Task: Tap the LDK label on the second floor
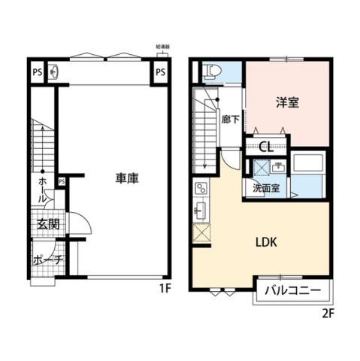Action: pos(266,243)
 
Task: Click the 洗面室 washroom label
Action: pos(266,188)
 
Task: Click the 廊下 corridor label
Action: pos(231,118)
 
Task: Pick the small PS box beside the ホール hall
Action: pos(62,181)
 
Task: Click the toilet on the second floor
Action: pos(213,70)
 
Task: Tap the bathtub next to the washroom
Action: pos(307,165)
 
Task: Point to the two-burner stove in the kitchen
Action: pos(201,187)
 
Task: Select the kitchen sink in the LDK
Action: pos(201,208)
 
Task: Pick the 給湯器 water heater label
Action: pos(161,46)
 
